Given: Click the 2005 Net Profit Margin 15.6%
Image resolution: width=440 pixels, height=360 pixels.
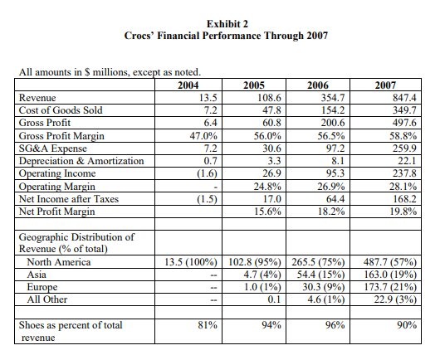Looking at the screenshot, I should (262, 211).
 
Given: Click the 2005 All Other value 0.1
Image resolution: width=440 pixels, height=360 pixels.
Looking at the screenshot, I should (275, 299).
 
